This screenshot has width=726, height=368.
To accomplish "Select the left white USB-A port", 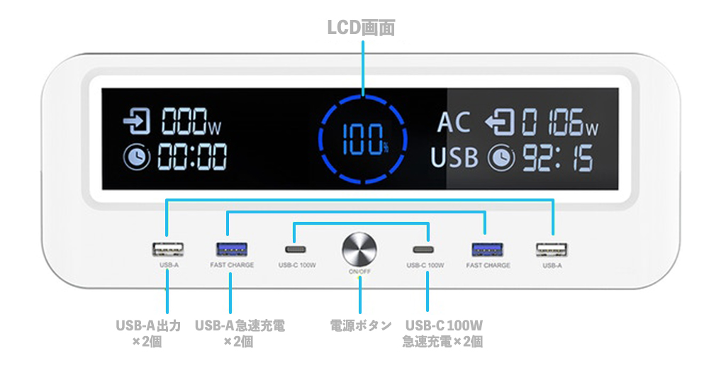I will click(167, 249).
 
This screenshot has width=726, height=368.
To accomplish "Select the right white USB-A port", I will click(552, 250).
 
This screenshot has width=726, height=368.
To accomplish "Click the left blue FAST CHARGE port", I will click(232, 249).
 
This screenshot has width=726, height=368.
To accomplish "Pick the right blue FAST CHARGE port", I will click(487, 250).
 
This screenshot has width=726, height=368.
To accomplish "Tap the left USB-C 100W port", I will click(296, 250).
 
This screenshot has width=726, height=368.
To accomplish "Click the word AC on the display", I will click(454, 123).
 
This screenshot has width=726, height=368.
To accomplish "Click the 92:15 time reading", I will click(558, 158).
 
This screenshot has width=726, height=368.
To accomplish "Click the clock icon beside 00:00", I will click(136, 157).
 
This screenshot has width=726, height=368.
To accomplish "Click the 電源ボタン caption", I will click(361, 325).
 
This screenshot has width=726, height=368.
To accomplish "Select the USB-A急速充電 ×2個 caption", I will click(240, 333).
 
